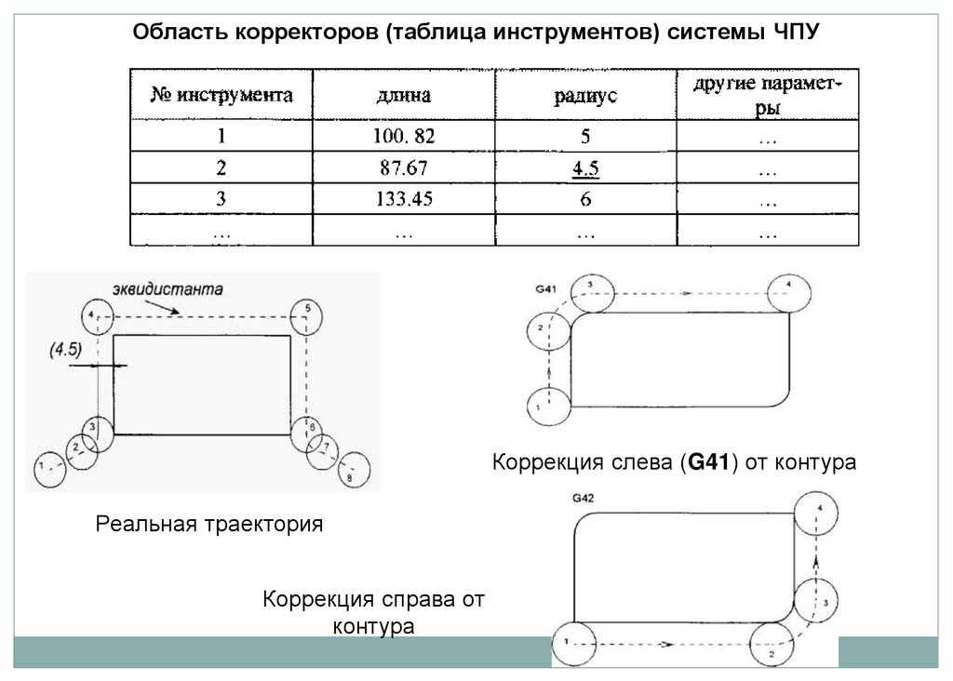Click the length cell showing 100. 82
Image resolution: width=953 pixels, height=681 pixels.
(404, 137)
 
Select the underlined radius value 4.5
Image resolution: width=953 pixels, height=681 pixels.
(584, 169)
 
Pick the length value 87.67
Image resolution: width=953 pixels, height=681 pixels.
(404, 169)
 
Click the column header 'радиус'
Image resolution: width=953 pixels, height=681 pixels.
(584, 95)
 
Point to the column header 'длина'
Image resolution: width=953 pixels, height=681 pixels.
(404, 95)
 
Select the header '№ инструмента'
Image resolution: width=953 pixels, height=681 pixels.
(222, 94)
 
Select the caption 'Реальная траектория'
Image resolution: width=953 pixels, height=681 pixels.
(209, 525)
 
